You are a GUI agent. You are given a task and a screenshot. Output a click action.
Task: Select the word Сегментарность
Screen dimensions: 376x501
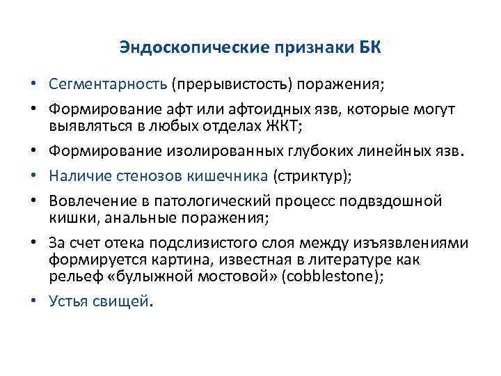pyautogui.click(x=108, y=84)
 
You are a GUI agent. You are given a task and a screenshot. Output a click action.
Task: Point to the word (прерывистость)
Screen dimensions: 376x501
pyautogui.click(x=232, y=84)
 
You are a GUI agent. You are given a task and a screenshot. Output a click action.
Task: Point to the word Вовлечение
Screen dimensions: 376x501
pyautogui.click(x=88, y=202)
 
